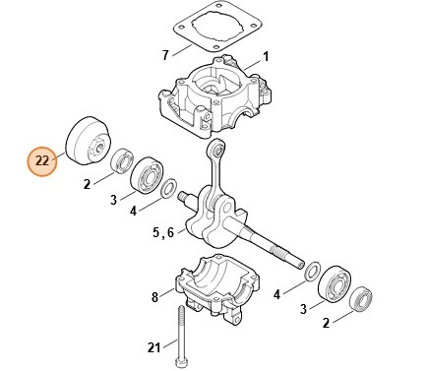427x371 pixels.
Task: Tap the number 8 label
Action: click(x=154, y=295)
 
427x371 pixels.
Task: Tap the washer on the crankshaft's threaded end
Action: click(x=310, y=271)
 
